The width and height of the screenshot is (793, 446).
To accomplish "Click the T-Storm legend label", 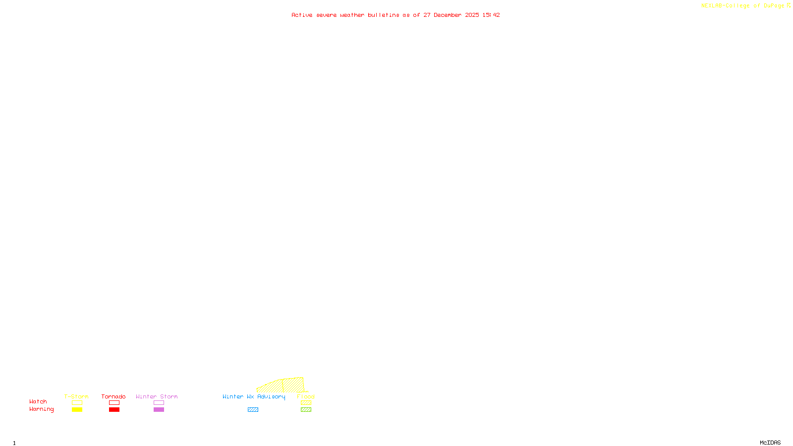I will coord(76,396).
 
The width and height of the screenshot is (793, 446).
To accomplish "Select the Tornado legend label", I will coord(113,396).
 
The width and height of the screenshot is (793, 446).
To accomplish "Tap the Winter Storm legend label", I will coord(157,396).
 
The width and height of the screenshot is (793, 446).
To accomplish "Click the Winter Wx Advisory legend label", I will coord(254,396).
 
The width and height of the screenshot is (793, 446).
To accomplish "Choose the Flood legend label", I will coord(306,396).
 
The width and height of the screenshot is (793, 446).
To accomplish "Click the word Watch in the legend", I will coord(38,401).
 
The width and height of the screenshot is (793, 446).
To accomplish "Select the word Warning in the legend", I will coord(42,409).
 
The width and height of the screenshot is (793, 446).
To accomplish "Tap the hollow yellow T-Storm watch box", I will coord(77,403).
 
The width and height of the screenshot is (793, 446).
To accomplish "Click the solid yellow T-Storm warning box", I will coord(77,410).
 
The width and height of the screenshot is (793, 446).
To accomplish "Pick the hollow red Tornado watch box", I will coord(114,403).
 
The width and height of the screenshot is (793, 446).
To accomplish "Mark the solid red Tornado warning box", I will coord(114,410).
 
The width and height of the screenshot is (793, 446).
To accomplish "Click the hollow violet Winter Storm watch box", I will coord(159,403).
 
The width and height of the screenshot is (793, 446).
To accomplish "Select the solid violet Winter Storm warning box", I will coord(159,410).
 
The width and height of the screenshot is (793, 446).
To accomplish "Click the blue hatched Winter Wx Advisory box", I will coord(253,410).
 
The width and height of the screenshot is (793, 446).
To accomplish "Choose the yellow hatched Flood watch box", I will coord(306,403).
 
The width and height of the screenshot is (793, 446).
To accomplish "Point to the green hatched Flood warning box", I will coord(306,410).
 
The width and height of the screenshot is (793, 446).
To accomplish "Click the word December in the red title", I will coord(448,15).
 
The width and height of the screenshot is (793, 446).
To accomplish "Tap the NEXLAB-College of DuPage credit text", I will coord(743,6).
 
